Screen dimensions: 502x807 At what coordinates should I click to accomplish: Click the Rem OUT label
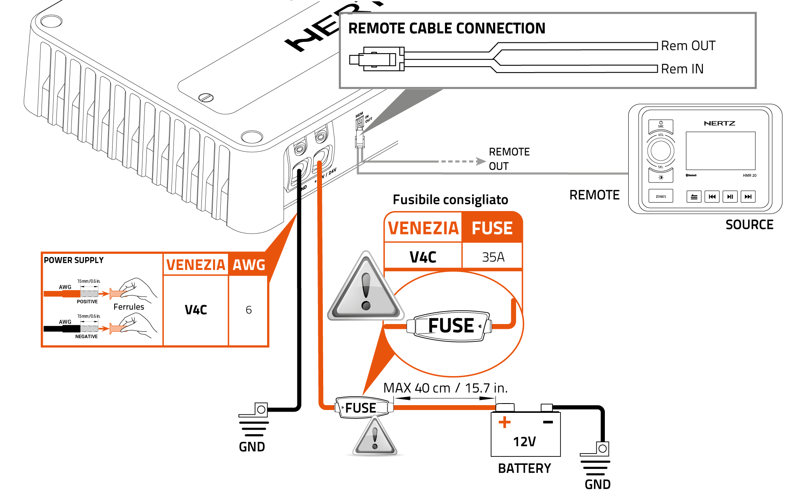pos(688,46)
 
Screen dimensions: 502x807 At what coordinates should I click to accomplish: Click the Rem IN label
pos(682,69)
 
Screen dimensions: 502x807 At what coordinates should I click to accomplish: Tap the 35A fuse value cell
pos(493,257)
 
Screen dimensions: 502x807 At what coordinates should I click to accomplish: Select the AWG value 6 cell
pos(249,310)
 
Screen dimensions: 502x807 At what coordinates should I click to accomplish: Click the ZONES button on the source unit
pos(661,197)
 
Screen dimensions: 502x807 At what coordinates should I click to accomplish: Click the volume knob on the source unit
pos(661,151)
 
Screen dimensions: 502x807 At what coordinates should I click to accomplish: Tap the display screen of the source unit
pos(720,151)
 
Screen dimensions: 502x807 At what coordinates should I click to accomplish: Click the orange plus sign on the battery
pos(504,422)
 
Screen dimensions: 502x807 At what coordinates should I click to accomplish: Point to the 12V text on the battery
pos(524,442)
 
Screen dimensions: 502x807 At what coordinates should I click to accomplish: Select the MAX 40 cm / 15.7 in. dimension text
pos(445,388)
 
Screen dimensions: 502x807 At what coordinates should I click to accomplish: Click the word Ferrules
pos(129,307)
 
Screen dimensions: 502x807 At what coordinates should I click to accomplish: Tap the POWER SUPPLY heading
pos(73,260)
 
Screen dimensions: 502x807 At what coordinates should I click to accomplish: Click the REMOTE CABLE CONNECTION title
pos(447,29)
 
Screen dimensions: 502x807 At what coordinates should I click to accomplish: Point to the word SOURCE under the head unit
pos(749,225)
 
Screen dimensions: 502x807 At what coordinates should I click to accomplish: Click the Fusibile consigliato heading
pos(450,200)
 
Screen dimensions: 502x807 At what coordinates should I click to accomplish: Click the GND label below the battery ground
pos(598,485)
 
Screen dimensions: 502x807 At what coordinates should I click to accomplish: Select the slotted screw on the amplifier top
pos(206,97)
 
